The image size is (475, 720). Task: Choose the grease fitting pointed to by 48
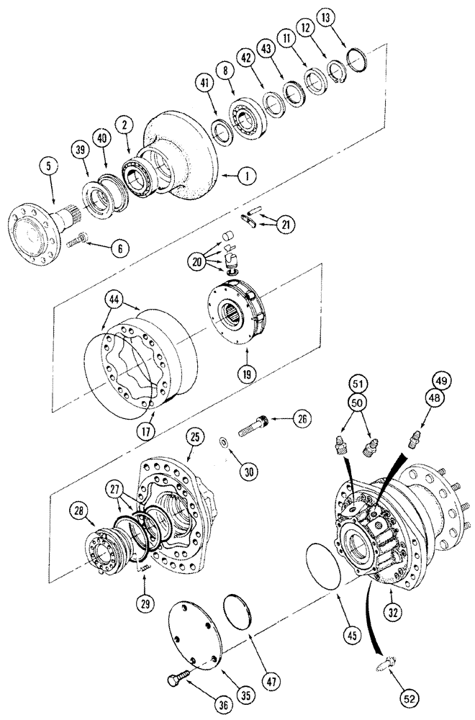coord(415,437)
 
